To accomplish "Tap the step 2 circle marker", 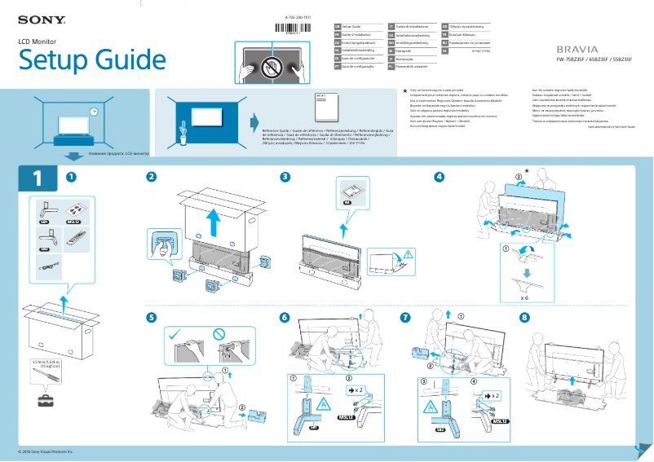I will tap(151, 177).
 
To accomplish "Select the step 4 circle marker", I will tap(440, 177).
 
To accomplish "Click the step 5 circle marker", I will tap(151, 317).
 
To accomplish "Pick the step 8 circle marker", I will tap(524, 317).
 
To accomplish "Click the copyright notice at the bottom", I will tap(46, 451).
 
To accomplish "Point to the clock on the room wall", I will tap(94, 112).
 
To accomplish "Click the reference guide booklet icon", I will tap(325, 108).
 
